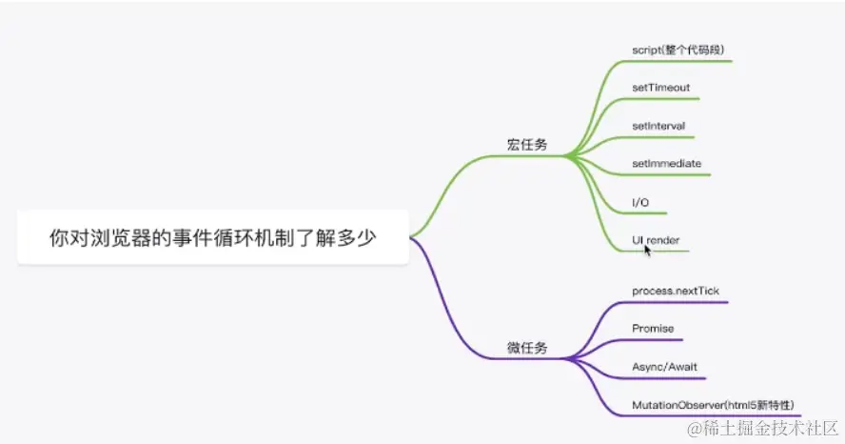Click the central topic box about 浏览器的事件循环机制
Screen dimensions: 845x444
pyautogui.click(x=212, y=237)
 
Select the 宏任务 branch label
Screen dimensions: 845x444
pyautogui.click(x=527, y=146)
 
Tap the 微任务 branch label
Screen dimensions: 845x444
pyautogui.click(x=527, y=348)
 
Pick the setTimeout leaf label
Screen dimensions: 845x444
pyautogui.click(x=660, y=88)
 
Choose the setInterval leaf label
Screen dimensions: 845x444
pyautogui.click(x=658, y=126)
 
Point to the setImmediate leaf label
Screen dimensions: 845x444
pyautogui.click(x=666, y=163)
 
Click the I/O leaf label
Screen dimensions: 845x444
pyautogui.click(x=640, y=202)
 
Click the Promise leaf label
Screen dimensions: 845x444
pyautogui.click(x=653, y=329)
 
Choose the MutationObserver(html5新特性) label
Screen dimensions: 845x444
pyautogui.click(x=713, y=405)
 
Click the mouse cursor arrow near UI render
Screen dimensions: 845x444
pyautogui.click(x=647, y=250)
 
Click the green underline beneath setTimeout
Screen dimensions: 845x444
pyautogui.click(x=671, y=98)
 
